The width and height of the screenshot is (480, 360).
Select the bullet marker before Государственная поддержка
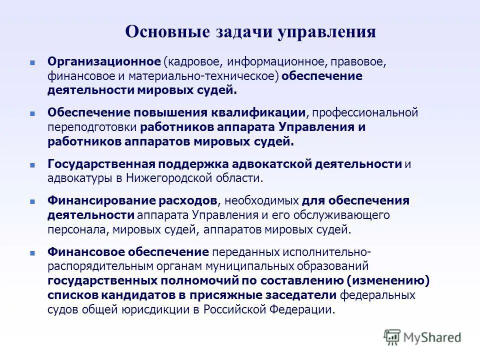(x=32, y=164)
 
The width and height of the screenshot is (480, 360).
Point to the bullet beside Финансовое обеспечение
(x=32, y=252)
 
